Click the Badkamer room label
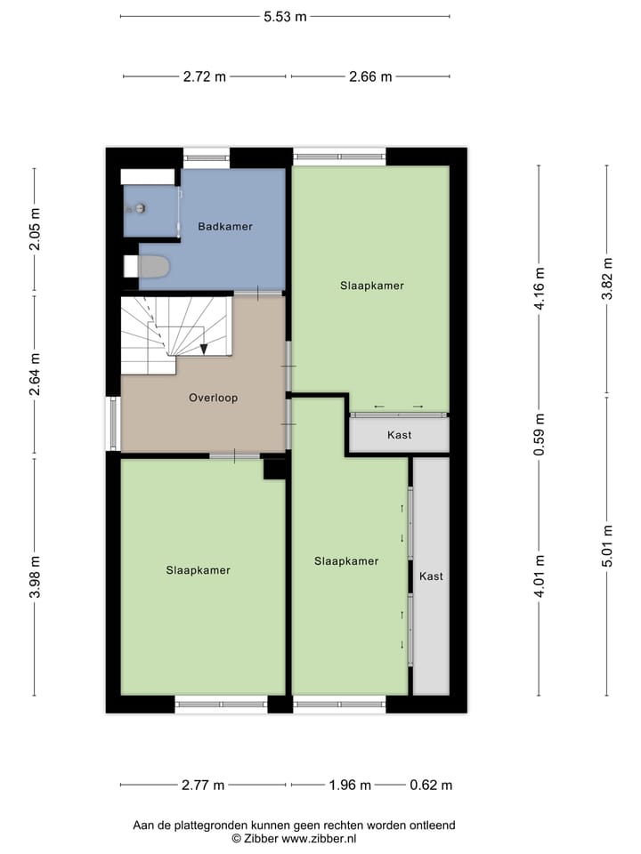(x=225, y=227)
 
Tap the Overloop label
(x=213, y=399)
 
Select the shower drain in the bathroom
(x=140, y=208)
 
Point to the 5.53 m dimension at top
(x=285, y=16)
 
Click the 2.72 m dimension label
(x=205, y=77)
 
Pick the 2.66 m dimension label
(x=370, y=77)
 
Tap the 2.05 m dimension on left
(x=35, y=230)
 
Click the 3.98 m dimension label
(x=35, y=577)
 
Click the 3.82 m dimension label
(x=607, y=279)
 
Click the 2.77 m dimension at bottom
(x=202, y=786)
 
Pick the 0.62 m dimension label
(x=431, y=786)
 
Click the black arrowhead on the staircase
(x=204, y=349)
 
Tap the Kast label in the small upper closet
(x=399, y=436)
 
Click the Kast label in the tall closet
(x=431, y=576)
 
